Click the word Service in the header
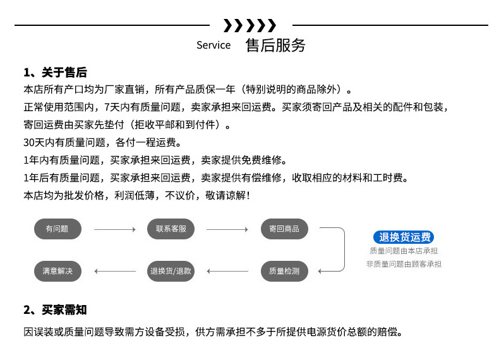click(213, 45)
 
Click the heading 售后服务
click(275, 45)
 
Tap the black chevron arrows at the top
click(250, 26)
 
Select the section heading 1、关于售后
click(55, 72)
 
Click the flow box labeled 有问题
click(57, 229)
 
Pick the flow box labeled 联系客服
click(171, 229)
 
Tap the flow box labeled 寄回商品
click(284, 229)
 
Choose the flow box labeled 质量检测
click(284, 271)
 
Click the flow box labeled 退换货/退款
click(171, 271)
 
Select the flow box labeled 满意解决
click(57, 271)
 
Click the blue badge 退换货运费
click(404, 237)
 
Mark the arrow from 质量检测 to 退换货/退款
click(227, 272)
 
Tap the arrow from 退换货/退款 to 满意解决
click(114, 272)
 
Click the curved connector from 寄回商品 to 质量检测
click(342, 249)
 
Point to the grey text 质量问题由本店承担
click(404, 251)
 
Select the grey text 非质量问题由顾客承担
click(404, 263)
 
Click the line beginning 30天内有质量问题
click(102, 142)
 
